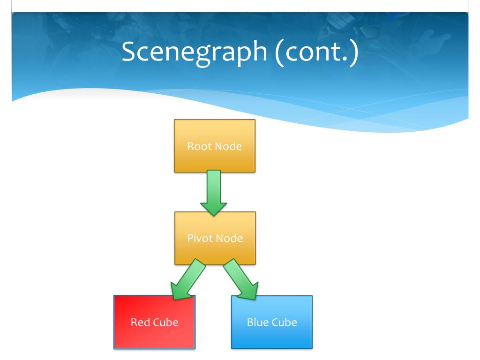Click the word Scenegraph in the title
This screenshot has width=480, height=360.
195,52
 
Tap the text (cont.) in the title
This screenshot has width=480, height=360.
317,52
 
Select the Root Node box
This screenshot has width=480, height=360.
215,146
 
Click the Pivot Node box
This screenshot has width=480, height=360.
215,238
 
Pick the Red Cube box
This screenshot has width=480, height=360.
154,322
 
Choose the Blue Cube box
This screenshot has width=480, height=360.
272,322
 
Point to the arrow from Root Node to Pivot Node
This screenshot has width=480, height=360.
214,193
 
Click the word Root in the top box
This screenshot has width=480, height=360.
198,146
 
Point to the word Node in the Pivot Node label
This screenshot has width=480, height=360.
229,238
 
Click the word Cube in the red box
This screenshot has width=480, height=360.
165,322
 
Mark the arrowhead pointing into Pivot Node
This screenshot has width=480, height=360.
214,209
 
